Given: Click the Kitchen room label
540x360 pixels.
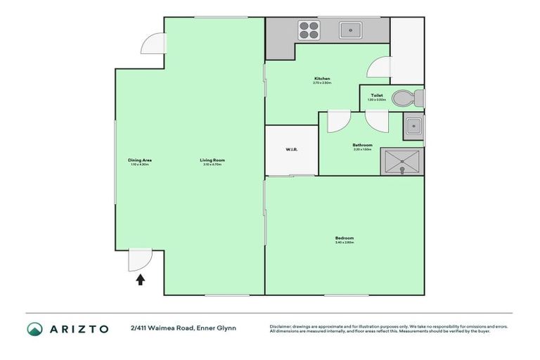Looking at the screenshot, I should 322,78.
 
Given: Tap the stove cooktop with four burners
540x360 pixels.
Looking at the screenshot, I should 309,30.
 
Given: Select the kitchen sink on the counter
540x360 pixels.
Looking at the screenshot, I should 349,30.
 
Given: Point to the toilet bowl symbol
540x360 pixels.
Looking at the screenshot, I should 404,98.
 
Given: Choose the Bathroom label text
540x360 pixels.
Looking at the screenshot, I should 362,145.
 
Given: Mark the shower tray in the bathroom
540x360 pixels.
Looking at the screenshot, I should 401,162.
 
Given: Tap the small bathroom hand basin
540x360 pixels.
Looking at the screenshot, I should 413,127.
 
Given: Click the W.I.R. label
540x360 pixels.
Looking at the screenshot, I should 292,149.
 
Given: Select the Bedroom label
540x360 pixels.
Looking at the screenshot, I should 344,238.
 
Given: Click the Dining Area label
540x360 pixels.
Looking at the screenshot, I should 140,160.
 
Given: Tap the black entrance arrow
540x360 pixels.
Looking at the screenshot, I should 140,279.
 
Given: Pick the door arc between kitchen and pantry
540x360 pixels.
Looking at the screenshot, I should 378,67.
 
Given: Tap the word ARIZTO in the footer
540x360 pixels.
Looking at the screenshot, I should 79,328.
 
